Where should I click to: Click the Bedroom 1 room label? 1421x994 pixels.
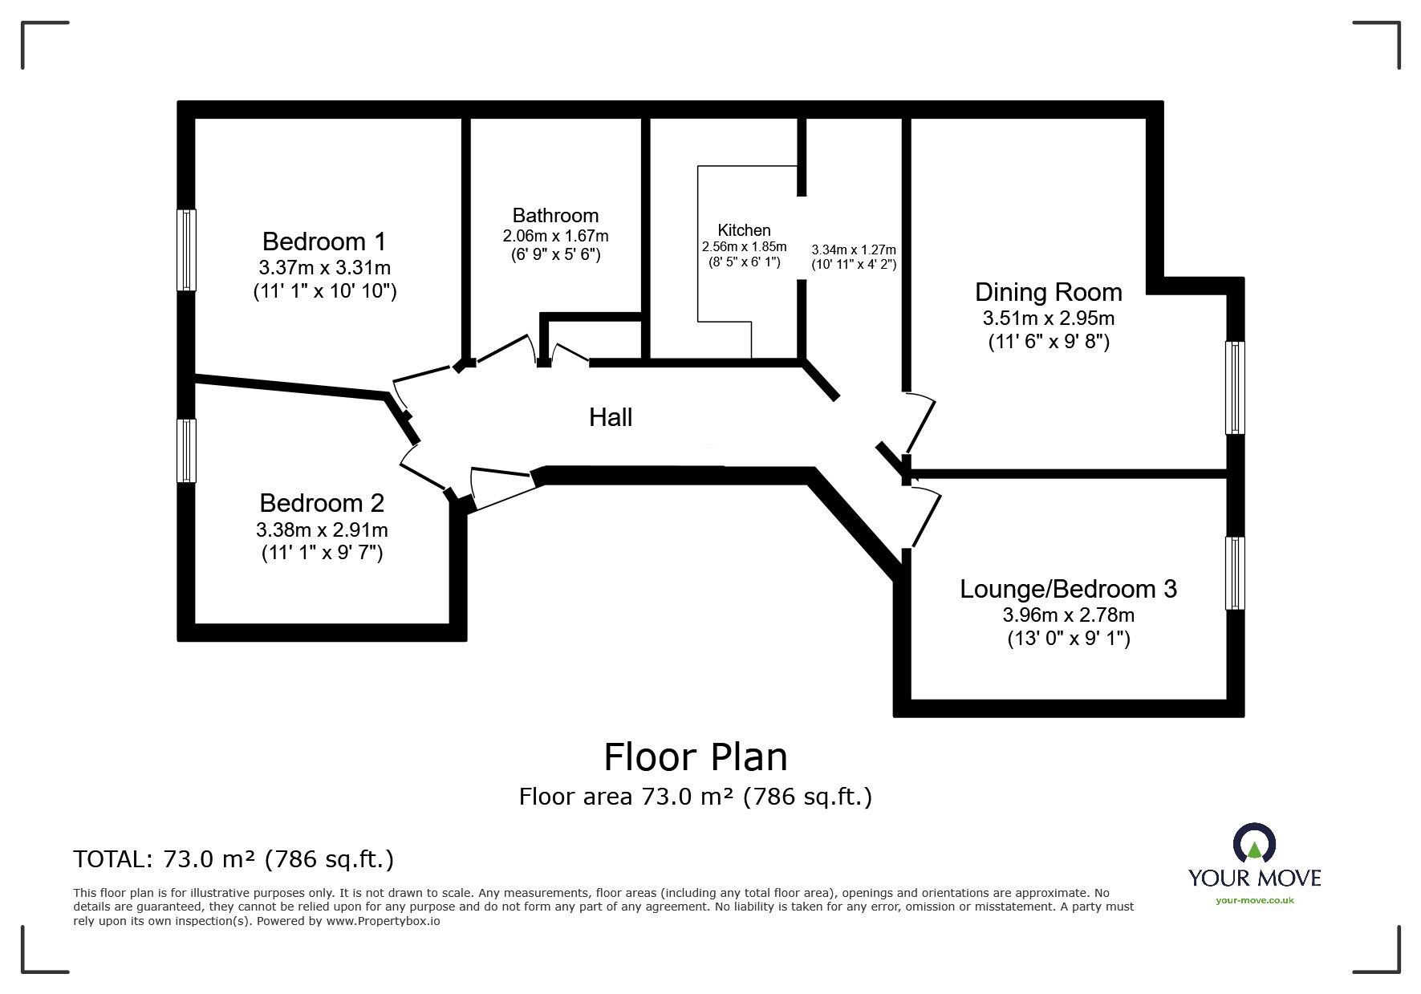tap(324, 241)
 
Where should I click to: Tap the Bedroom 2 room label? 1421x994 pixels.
tap(322, 503)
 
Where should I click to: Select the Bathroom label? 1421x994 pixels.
tap(555, 215)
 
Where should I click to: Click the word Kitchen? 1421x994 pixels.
tap(744, 230)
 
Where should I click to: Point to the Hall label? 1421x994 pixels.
tap(611, 417)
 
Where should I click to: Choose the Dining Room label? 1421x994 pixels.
tap(1049, 292)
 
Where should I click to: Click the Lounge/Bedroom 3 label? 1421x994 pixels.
tap(1068, 589)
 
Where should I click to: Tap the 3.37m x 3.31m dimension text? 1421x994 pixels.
tap(324, 267)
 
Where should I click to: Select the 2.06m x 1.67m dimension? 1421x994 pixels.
tap(555, 236)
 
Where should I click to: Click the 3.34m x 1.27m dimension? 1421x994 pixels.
tap(854, 250)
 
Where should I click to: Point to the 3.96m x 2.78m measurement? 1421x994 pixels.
tap(1068, 615)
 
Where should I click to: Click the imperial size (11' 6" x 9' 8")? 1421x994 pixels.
tap(1049, 342)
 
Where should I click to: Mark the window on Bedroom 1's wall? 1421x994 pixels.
tap(186, 250)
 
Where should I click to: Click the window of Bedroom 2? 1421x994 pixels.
tap(186, 451)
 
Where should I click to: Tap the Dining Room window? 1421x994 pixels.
tap(1235, 387)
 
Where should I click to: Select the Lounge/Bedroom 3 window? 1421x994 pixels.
tap(1235, 573)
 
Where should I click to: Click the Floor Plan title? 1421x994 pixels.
tap(696, 757)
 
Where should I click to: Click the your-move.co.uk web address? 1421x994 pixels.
tap(1255, 900)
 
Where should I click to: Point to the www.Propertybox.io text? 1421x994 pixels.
tap(383, 921)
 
